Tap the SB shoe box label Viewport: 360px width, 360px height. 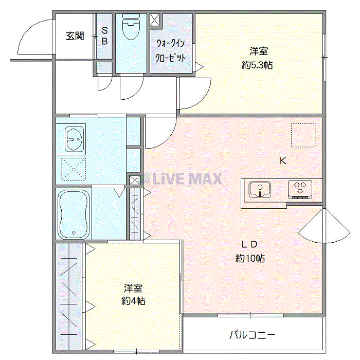tap(104, 36)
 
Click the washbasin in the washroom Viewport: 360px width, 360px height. tap(75, 139)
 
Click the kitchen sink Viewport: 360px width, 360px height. tap(260, 189)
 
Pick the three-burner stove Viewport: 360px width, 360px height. tap(300, 189)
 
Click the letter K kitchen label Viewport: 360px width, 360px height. tap(282, 160)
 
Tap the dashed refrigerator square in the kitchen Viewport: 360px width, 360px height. tap(302, 135)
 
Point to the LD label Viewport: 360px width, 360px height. tap(250, 244)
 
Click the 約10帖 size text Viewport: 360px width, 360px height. tap(250, 259)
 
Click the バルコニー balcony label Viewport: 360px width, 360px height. tap(251, 335)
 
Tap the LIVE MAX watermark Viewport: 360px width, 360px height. tap(185, 179)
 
